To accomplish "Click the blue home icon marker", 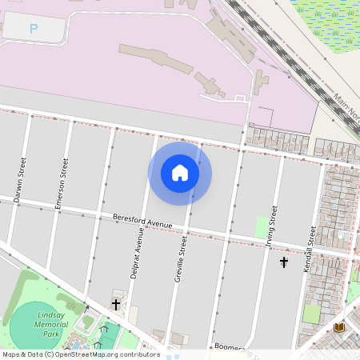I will tap(180, 173).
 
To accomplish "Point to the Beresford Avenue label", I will tap(142, 221).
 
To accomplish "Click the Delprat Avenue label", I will tap(138, 253).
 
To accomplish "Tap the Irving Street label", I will tap(272, 228).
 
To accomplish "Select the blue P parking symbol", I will tap(34, 29).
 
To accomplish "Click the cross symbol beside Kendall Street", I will tap(283, 262).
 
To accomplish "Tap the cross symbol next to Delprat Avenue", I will tap(116, 304).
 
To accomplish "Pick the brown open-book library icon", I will tap(339, 328).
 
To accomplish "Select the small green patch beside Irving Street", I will tap(261, 227).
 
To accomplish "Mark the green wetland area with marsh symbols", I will tap(328, 24).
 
